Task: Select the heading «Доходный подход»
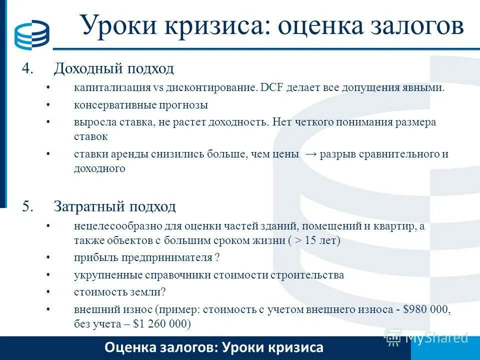(x=114, y=68)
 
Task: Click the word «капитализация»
(x=112, y=87)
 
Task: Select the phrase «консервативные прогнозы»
(x=140, y=105)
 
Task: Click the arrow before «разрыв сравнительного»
(x=310, y=154)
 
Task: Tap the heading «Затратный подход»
(x=115, y=206)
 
